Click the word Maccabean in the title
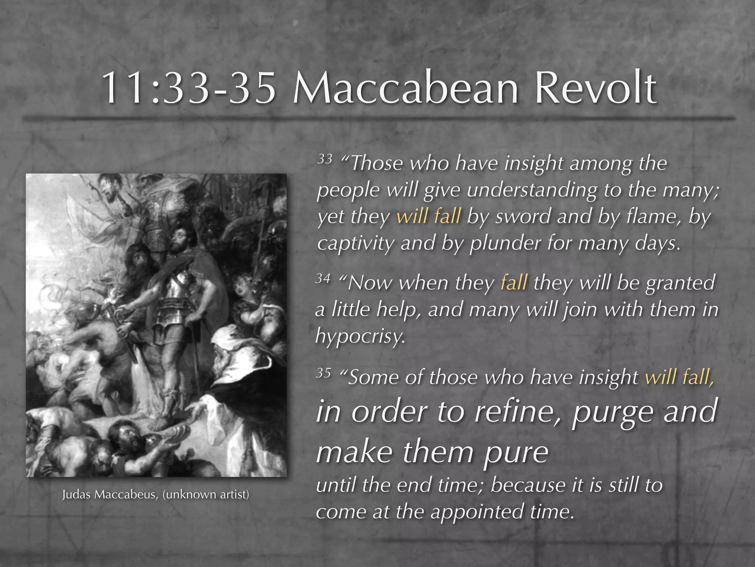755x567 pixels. [x=406, y=89]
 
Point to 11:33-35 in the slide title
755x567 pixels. [x=188, y=89]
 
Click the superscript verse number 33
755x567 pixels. [x=325, y=159]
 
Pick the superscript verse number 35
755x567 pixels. [x=323, y=373]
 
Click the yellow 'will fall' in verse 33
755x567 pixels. [x=428, y=216]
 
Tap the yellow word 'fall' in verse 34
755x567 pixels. [x=514, y=283]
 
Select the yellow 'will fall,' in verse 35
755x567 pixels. [x=679, y=377]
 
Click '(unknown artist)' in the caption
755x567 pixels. [x=206, y=495]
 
